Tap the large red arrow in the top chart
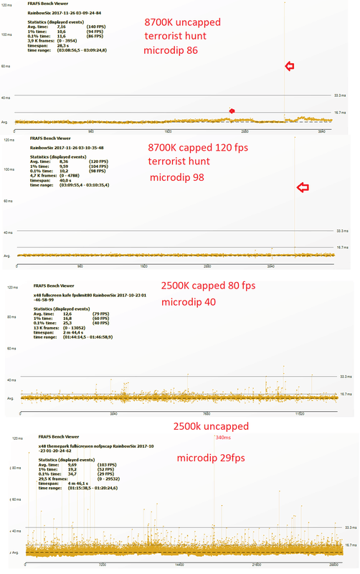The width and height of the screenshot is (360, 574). click(x=290, y=67)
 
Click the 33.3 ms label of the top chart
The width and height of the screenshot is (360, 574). click(x=341, y=95)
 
